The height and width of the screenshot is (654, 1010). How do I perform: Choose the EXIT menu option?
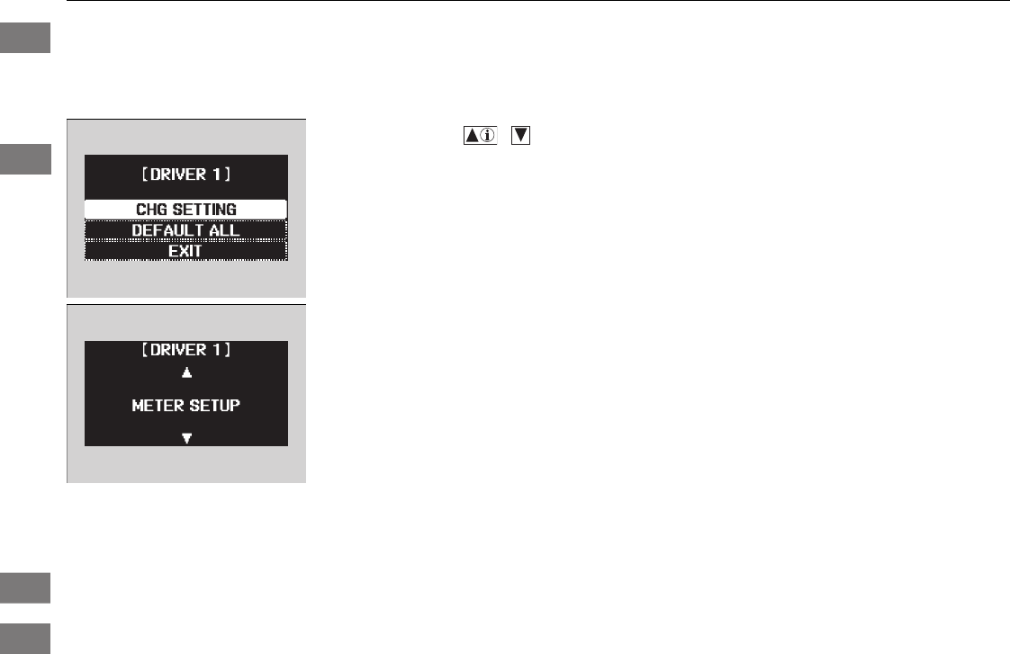(x=185, y=251)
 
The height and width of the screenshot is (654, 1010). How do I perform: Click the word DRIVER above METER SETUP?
(x=182, y=350)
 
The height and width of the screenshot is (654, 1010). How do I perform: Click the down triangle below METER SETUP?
(x=186, y=438)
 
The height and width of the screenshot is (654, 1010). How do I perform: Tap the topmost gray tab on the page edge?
(x=24, y=40)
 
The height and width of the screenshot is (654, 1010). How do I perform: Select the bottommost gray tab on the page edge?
(x=24, y=635)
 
